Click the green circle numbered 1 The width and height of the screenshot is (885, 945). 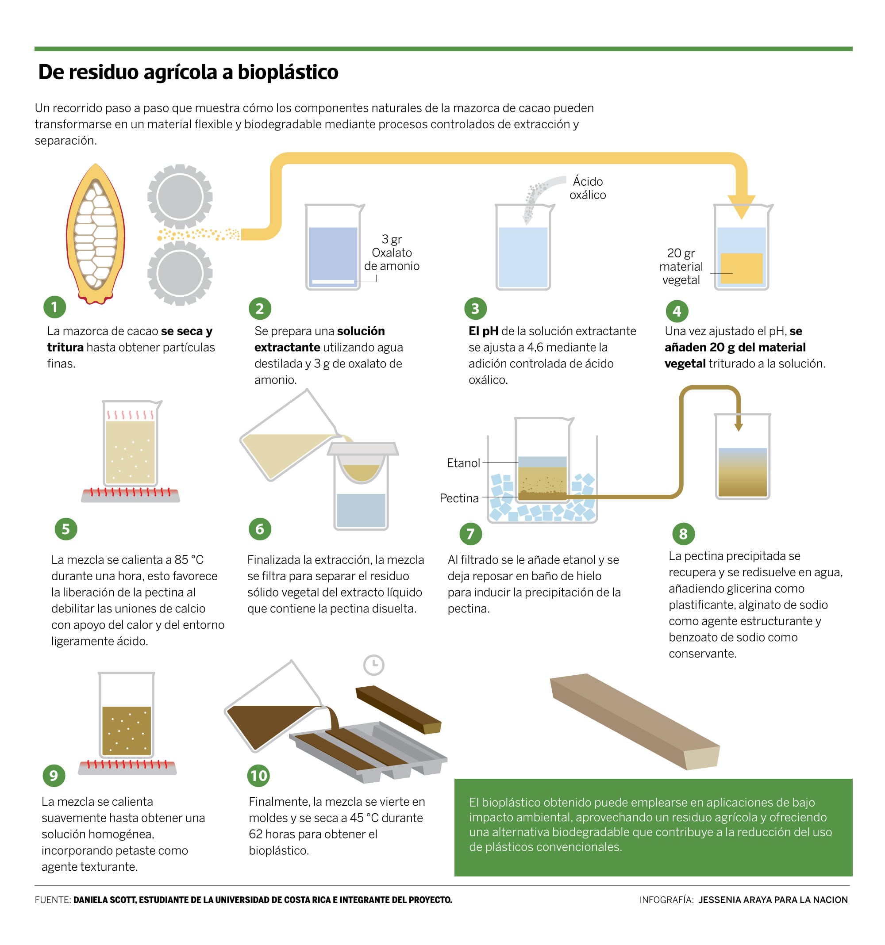[x=54, y=307]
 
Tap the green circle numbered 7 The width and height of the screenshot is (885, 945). [x=470, y=534]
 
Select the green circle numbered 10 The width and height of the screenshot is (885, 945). [x=258, y=776]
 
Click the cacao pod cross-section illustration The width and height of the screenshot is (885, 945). [x=96, y=234]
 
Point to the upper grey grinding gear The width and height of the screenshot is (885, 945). [x=179, y=196]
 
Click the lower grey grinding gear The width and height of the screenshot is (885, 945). [x=179, y=273]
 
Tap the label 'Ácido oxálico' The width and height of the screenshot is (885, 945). [x=587, y=188]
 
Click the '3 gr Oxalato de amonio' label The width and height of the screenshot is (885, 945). [x=391, y=253]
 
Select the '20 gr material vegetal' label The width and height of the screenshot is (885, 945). [x=681, y=266]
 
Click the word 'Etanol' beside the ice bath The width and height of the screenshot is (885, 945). [x=463, y=463]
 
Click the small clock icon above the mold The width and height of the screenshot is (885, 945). [x=373, y=665]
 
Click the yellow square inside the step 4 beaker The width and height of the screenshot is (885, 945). [x=741, y=268]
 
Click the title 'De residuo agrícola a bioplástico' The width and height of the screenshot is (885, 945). [x=188, y=72]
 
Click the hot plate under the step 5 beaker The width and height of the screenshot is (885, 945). [x=130, y=494]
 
